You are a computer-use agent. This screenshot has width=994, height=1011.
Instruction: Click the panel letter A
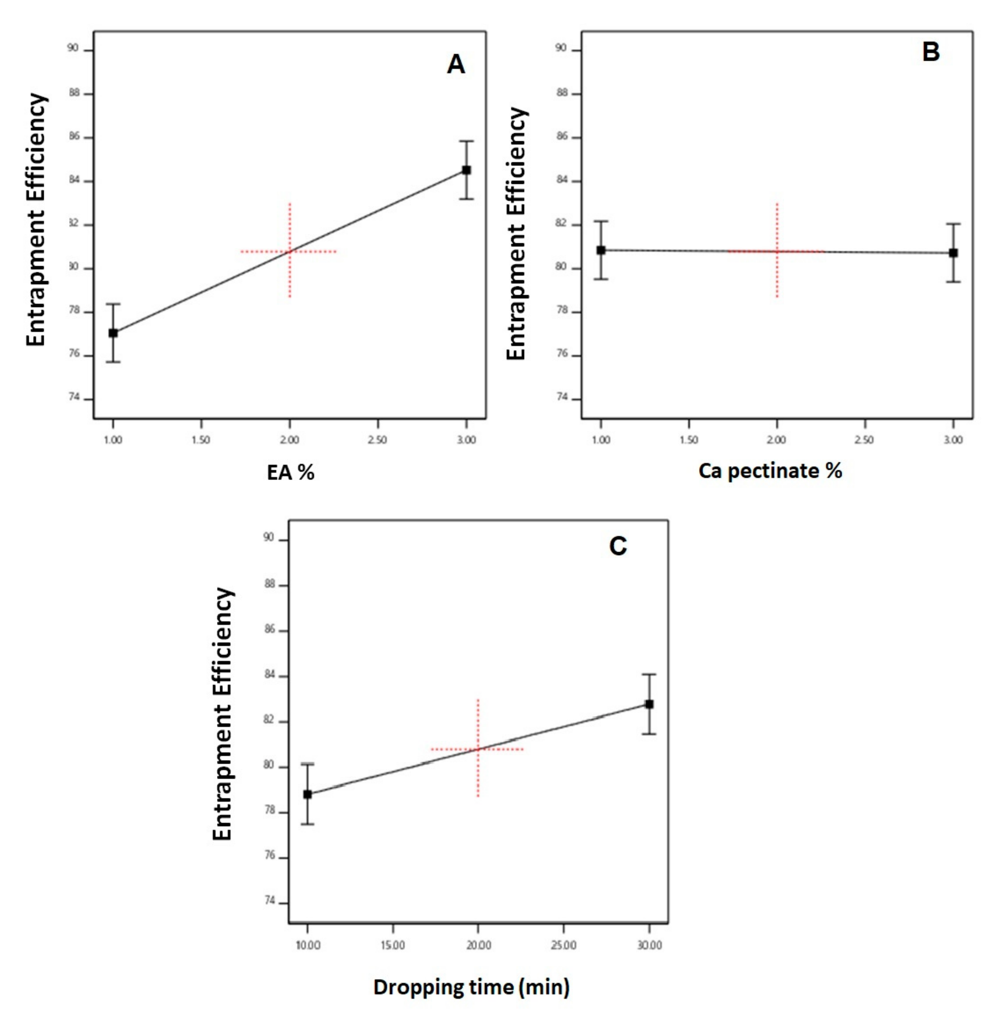tap(456, 65)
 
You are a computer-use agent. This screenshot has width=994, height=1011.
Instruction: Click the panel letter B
tap(931, 52)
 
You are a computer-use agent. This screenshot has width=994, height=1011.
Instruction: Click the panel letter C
tap(618, 547)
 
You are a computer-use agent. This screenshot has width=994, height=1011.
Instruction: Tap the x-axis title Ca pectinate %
tap(770, 471)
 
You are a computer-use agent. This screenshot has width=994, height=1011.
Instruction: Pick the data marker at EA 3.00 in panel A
tap(467, 170)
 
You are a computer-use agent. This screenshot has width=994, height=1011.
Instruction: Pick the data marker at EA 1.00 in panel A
tap(113, 333)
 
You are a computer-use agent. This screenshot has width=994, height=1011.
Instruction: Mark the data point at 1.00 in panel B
tap(601, 250)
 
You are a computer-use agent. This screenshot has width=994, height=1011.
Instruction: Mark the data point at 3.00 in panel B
tap(953, 253)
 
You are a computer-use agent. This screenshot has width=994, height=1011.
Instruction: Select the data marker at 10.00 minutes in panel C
tap(308, 794)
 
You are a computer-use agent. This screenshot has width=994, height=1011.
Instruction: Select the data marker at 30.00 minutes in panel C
tap(649, 704)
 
